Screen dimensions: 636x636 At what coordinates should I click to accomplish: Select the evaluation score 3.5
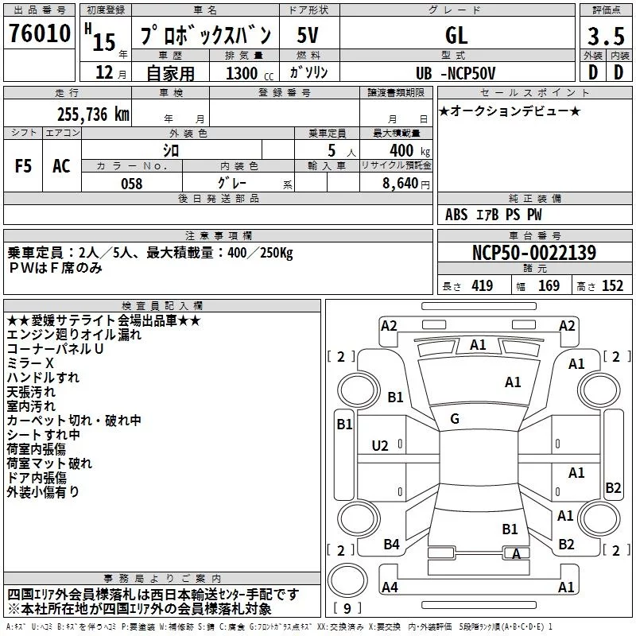point(605,37)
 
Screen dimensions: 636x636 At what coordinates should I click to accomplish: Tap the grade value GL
point(457,36)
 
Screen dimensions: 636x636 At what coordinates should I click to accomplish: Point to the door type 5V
point(308,36)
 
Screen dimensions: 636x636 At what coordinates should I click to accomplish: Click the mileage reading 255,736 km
point(93,114)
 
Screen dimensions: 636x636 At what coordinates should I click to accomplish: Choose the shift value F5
point(23,165)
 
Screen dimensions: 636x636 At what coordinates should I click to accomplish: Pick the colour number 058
point(131,184)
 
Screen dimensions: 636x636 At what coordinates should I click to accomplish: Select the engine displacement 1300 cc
point(247,73)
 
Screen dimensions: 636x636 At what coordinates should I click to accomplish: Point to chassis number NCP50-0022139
point(533,254)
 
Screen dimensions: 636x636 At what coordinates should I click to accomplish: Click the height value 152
point(612,286)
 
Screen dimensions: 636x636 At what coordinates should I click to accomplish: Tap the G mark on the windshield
point(454,419)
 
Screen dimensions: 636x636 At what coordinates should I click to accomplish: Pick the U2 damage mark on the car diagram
point(381,446)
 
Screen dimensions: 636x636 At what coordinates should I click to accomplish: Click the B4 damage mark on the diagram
point(391,544)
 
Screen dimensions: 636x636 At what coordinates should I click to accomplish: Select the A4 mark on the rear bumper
point(390,588)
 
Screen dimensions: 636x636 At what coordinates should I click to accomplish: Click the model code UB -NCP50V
point(455,73)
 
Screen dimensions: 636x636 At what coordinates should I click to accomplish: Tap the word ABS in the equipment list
point(457,215)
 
